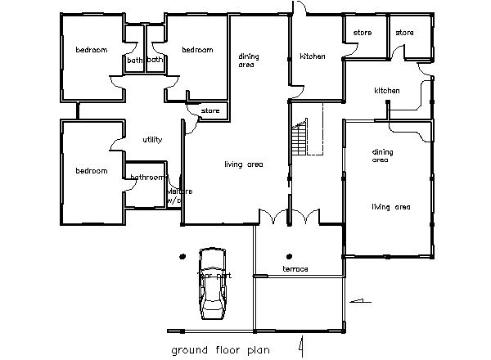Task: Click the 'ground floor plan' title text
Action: [x=219, y=350]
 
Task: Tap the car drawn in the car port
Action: [x=213, y=283]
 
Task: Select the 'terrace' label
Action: [x=295, y=269]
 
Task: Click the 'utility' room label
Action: [x=152, y=140]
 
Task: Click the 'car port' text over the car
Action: [x=214, y=276]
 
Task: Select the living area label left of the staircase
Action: [x=243, y=164]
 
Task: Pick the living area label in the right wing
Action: [x=390, y=207]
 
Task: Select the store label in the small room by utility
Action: [x=210, y=110]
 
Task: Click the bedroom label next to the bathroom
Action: [x=92, y=171]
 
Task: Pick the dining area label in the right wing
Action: [x=382, y=155]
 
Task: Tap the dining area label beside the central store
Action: [x=248, y=60]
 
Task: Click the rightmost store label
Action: [x=405, y=33]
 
